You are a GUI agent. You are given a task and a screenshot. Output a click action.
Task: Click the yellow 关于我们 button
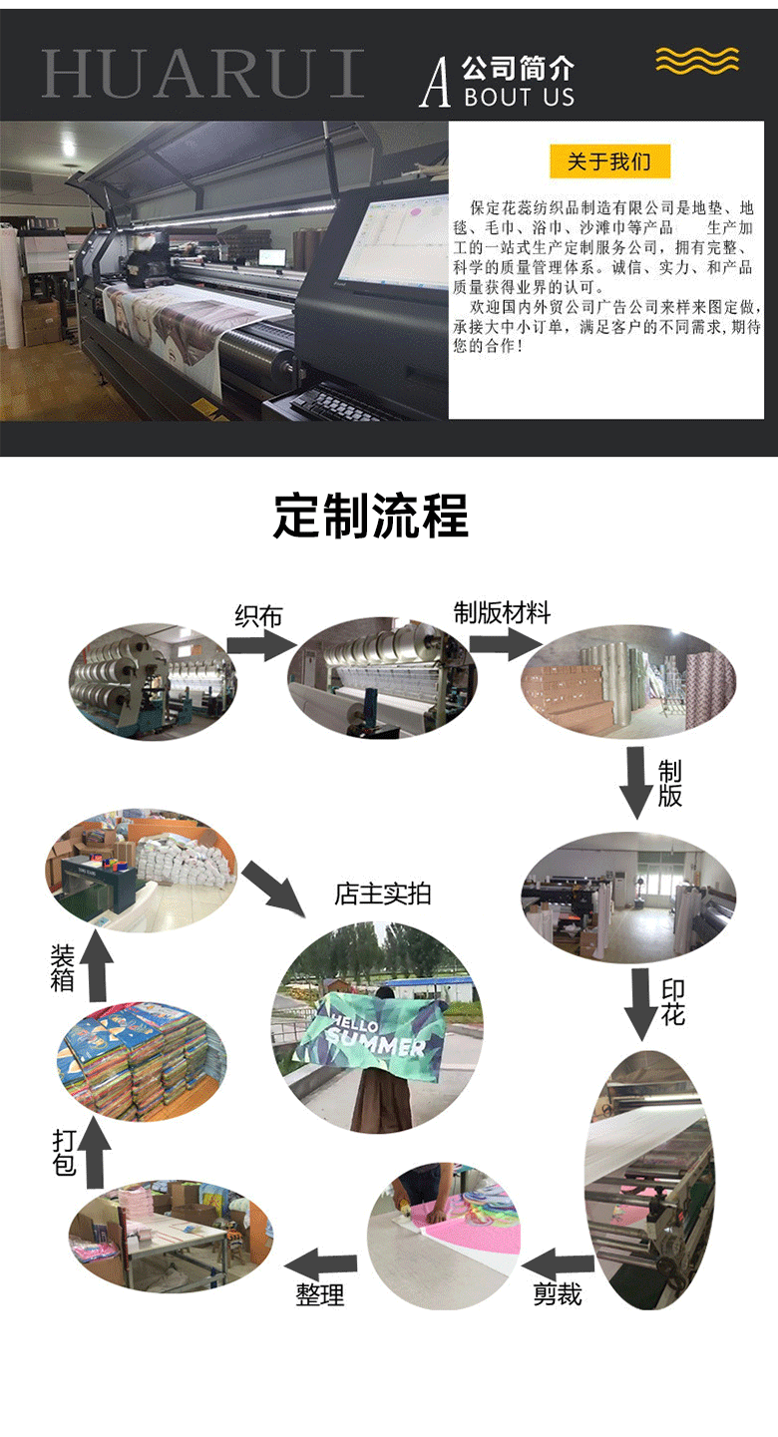(609, 162)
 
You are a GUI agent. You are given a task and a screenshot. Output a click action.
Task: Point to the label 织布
(258, 615)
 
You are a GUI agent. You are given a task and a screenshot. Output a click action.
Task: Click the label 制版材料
(502, 612)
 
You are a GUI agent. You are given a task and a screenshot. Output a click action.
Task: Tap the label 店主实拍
(383, 894)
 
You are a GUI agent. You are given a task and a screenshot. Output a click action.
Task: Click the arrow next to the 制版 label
(636, 782)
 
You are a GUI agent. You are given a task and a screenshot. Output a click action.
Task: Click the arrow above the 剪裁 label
(559, 1262)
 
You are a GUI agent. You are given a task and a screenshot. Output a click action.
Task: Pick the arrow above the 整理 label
(322, 1263)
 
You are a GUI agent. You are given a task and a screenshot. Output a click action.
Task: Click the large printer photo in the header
(224, 269)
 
